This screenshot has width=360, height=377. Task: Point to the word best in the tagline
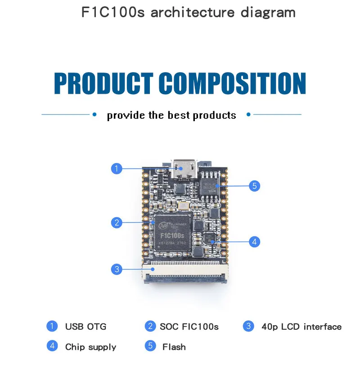click(179, 115)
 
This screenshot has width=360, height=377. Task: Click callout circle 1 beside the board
click(117, 168)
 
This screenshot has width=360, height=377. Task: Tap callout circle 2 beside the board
click(117, 222)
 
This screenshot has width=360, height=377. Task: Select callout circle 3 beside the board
click(117, 269)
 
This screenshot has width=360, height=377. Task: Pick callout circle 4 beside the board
click(254, 242)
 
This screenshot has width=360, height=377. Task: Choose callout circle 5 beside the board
click(254, 185)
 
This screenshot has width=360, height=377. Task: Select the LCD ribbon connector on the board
click(186, 273)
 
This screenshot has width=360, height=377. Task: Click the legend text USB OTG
click(85, 327)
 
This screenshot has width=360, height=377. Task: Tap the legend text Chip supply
click(90, 347)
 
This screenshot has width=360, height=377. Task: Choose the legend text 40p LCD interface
click(301, 327)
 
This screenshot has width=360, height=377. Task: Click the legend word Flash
click(174, 347)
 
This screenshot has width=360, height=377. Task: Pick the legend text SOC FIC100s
click(189, 327)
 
